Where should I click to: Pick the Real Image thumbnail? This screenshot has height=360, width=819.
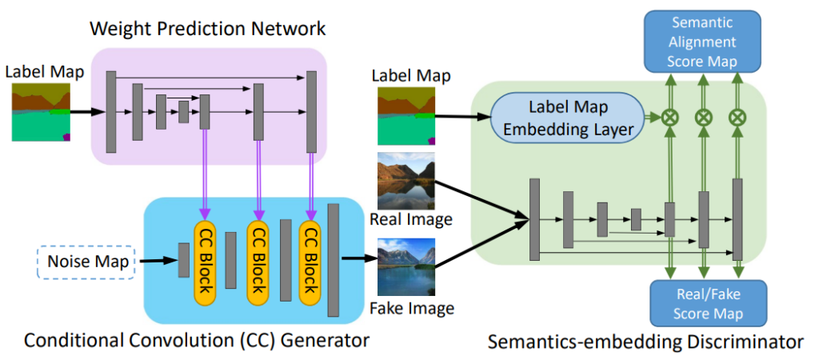(406, 181)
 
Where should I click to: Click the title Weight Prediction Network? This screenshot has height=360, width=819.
(207, 30)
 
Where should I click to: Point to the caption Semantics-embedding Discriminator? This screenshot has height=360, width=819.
(645, 342)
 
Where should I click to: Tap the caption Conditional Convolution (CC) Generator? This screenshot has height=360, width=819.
(196, 341)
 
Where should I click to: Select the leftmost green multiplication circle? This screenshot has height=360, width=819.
(669, 117)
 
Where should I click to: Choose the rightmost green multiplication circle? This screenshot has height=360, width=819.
(737, 117)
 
